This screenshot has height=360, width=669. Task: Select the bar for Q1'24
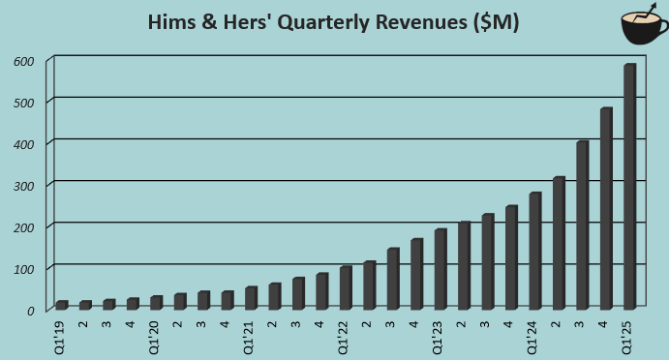coord(534,251)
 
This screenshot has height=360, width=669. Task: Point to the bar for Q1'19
coord(61,305)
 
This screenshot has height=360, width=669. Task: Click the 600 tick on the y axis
coord(24,61)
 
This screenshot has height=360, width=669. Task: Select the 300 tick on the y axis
coord(24,186)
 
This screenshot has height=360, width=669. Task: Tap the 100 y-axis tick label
coord(24,268)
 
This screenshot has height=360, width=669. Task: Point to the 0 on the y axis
coord(30,311)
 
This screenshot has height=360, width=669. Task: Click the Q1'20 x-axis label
coord(156,333)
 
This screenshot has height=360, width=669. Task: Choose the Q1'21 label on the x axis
coord(251,333)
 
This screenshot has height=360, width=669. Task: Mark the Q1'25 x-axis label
coord(629,333)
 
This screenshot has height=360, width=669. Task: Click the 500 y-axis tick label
coord(24,103)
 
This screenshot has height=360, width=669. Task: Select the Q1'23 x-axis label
coord(440,333)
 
